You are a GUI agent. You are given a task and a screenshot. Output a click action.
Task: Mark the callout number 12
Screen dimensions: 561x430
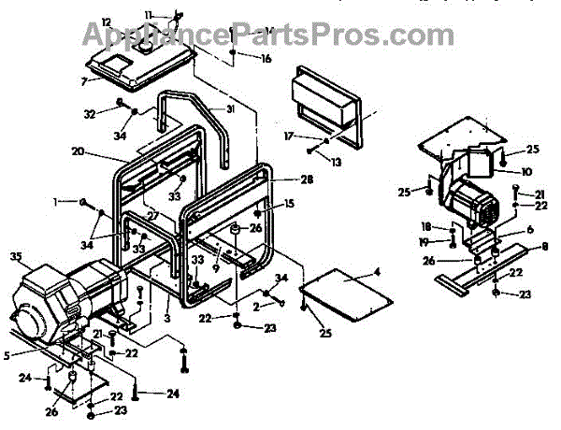click(106, 21)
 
